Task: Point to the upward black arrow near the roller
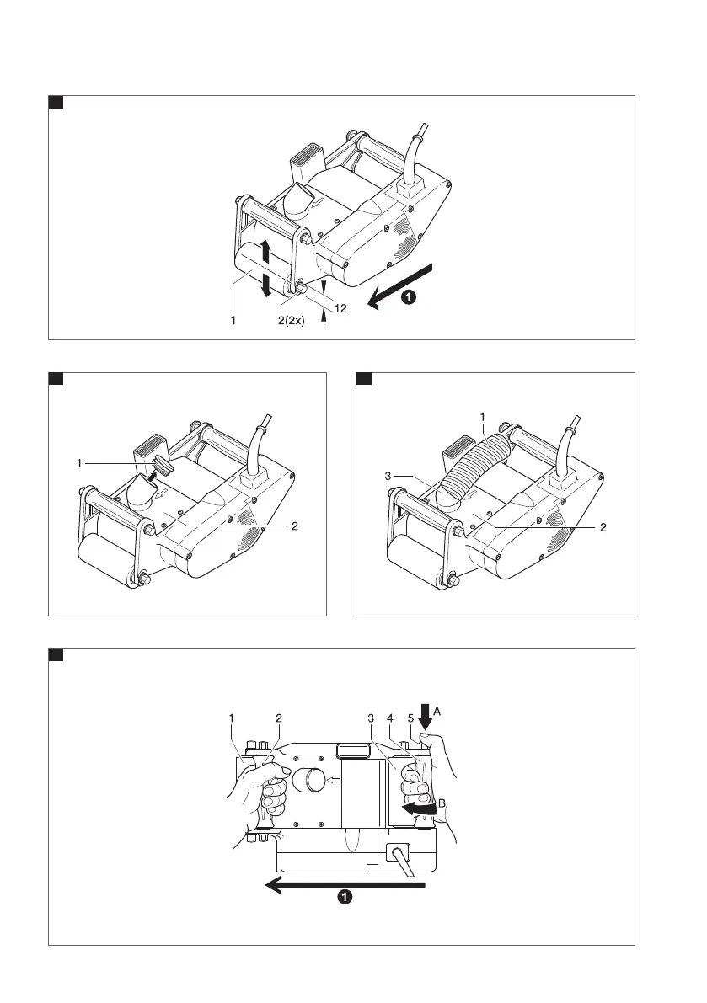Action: [265, 250]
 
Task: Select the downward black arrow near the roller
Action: [266, 286]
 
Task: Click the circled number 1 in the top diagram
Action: [408, 296]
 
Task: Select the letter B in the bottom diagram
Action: [442, 790]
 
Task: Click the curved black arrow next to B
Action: [419, 809]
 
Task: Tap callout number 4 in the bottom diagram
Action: [390, 718]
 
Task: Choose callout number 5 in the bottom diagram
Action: [410, 718]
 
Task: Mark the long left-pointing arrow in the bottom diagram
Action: [345, 883]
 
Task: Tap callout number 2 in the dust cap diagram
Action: [294, 526]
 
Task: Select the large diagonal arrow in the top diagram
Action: [403, 287]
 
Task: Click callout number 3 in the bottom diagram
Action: [370, 718]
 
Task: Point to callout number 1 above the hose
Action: [482, 417]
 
